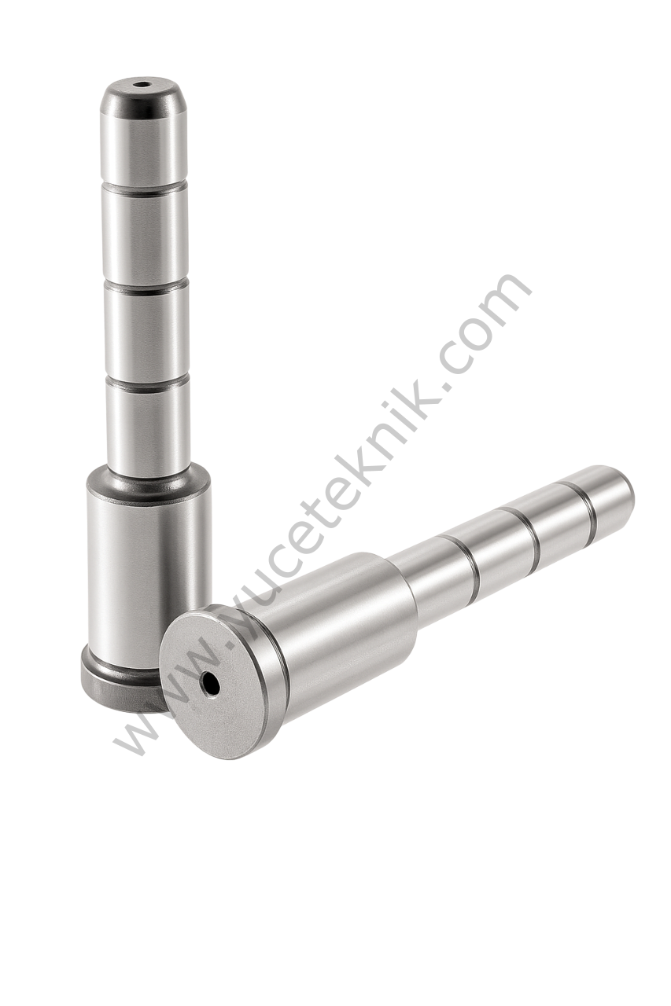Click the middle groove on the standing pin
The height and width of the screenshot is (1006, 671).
tap(145, 288)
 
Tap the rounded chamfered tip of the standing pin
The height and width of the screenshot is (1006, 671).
tap(144, 97)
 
